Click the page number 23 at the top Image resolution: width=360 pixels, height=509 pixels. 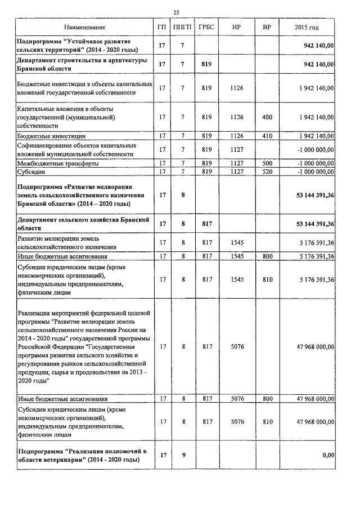(176, 12)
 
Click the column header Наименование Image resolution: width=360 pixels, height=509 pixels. (84, 28)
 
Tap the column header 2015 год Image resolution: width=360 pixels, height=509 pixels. (307, 28)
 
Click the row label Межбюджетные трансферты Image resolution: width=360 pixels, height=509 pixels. (58, 164)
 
